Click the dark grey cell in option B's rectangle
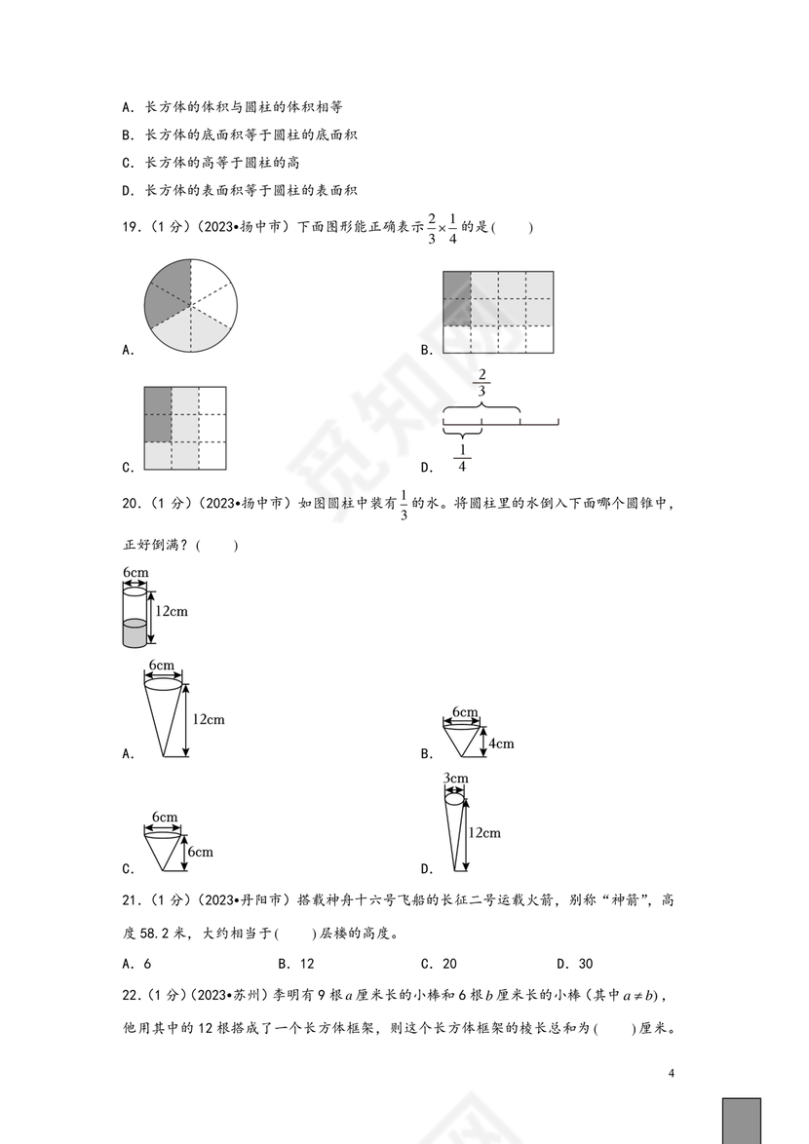coord(456,298)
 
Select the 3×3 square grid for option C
coord(185,427)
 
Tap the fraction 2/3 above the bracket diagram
coord(482,384)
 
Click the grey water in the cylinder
coord(134,634)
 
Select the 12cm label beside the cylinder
coord(172,611)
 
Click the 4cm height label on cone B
coord(501,744)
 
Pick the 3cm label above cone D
coord(455,778)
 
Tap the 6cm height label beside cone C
coord(200,852)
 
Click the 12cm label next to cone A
coord(208,719)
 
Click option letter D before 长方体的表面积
coord(128,190)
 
